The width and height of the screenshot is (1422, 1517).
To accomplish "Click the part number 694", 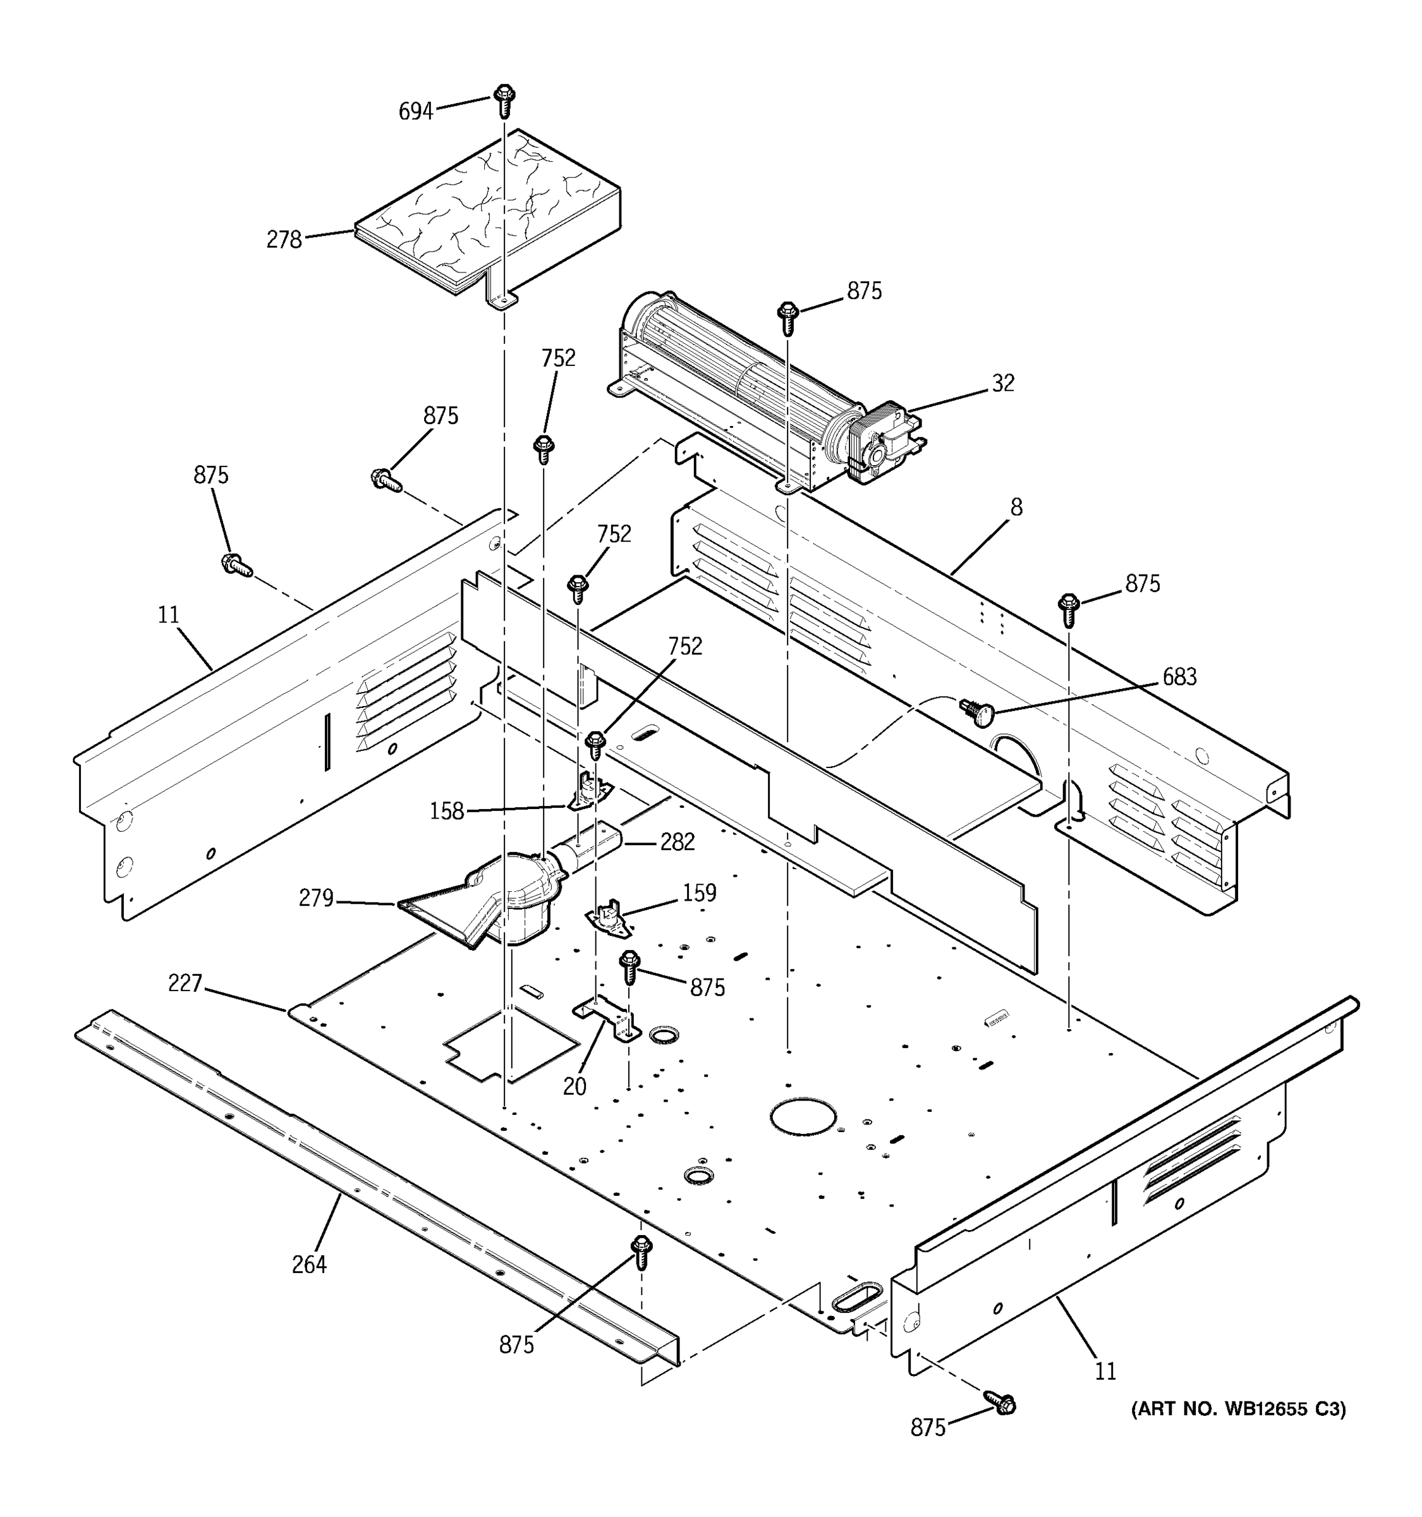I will point(416,111).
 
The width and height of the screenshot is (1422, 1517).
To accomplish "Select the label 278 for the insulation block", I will point(284,240).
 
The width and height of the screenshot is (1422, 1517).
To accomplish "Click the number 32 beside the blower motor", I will point(1003,383).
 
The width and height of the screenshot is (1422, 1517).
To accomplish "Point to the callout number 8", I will point(1016,507).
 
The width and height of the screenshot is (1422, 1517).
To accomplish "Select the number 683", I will point(1179,676).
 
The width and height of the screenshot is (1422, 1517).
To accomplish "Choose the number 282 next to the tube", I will point(677,842).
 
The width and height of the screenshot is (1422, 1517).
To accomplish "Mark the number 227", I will point(185,984).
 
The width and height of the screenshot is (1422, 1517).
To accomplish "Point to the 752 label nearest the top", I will point(559,358).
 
